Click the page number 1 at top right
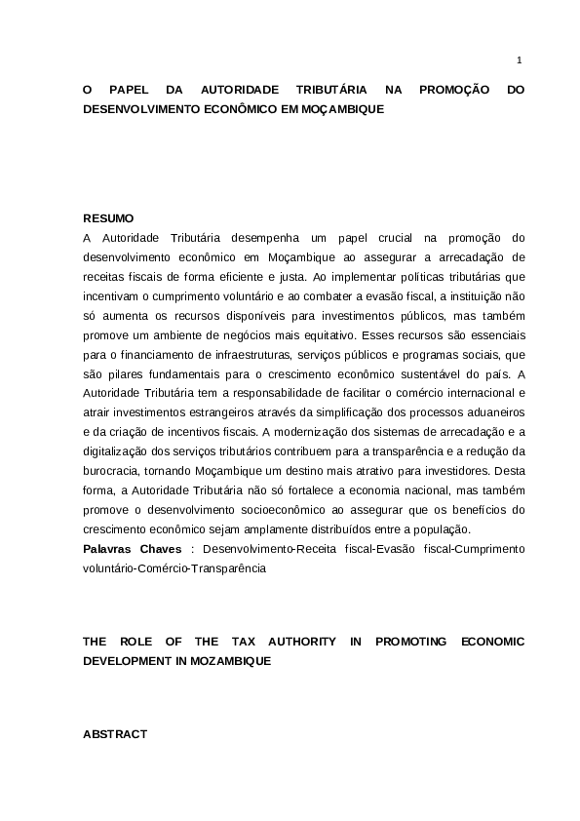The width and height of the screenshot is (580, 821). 519,60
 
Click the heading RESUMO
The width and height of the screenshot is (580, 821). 108,217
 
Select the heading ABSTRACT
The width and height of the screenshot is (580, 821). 115,733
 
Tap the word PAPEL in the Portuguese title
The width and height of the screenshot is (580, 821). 139,90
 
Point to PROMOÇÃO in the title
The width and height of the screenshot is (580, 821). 452,90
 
